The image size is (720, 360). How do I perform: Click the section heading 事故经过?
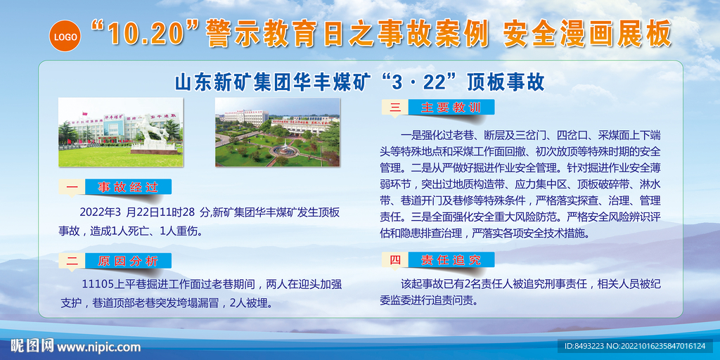128,187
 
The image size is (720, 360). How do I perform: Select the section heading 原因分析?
128,261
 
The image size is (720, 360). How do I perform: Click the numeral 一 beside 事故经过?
72,187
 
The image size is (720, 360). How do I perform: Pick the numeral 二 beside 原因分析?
72,261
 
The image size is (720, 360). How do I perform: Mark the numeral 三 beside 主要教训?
394,108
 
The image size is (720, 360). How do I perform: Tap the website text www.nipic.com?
98,347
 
